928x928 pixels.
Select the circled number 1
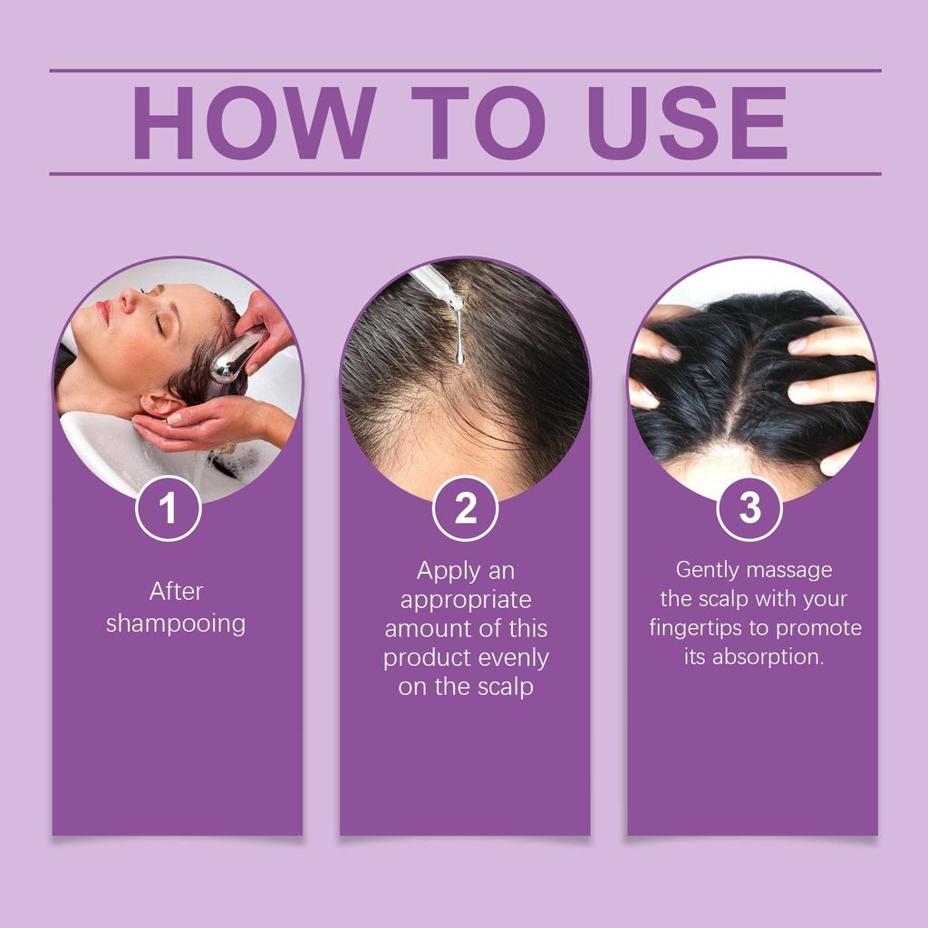click(x=168, y=509)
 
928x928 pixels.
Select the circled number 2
click(x=465, y=509)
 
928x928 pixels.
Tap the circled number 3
click(x=749, y=509)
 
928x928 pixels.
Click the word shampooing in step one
click(x=176, y=624)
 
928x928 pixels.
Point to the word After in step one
click(x=176, y=592)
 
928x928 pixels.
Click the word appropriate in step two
click(x=466, y=600)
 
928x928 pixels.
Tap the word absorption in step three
click(x=768, y=657)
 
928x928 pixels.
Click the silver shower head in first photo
click(x=234, y=357)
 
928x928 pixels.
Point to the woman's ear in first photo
click(x=163, y=402)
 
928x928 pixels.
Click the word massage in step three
click(x=790, y=570)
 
